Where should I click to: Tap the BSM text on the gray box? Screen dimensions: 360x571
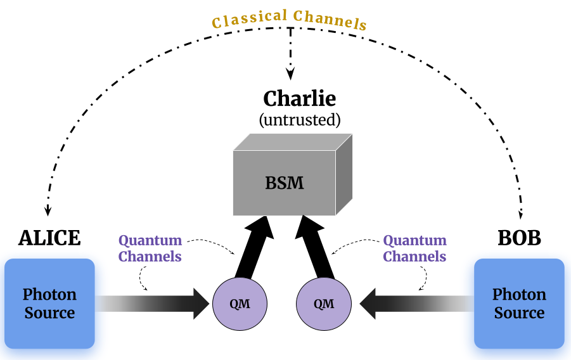(x=284, y=183)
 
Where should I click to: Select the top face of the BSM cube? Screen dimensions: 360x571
(x=293, y=141)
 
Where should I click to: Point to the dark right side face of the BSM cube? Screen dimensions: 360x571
(x=343, y=174)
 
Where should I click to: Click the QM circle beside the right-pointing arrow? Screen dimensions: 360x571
(x=240, y=304)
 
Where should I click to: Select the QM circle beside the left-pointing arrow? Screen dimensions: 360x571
(x=324, y=304)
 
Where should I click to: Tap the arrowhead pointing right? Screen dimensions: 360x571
(x=201, y=304)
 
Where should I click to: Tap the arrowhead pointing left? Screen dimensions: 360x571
(x=368, y=304)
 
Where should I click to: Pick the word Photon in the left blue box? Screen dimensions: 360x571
(x=49, y=295)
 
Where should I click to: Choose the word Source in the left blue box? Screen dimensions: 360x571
(x=49, y=313)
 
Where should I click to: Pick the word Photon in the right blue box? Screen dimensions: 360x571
(x=519, y=295)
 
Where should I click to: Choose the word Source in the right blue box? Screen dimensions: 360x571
(x=519, y=313)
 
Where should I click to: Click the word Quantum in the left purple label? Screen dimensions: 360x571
(x=150, y=241)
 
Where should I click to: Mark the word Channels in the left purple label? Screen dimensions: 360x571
(x=150, y=257)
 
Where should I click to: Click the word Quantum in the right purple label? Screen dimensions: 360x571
(x=414, y=241)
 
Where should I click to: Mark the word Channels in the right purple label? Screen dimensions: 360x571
(x=414, y=257)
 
